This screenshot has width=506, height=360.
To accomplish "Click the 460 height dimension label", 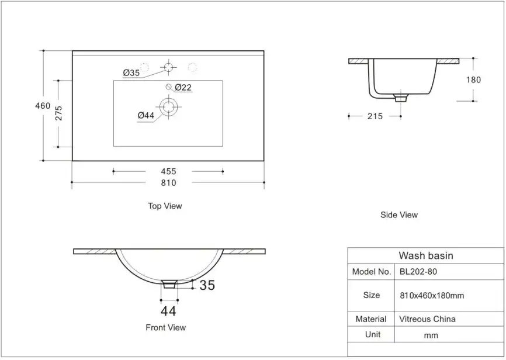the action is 43,106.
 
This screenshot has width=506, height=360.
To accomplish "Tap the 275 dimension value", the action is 58,113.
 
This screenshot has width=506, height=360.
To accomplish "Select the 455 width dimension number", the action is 168,171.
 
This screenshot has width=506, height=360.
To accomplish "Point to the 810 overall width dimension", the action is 168,183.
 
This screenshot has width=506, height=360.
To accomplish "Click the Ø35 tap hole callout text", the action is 131,72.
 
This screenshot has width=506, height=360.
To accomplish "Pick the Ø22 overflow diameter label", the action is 183,87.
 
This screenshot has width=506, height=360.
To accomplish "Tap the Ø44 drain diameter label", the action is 146,115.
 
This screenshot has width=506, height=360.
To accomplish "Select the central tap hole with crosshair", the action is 168,67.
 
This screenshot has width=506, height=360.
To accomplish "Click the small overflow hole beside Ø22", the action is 168,87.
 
